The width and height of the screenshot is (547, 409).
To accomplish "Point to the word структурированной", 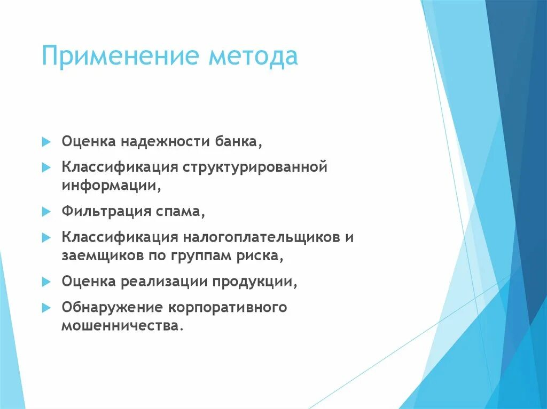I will tap(255, 168).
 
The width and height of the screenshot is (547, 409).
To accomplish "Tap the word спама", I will tap(182, 212).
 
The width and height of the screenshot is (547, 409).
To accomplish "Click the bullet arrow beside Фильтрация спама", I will tap(46, 211).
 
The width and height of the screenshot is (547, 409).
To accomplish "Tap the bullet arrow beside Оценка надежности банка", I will tap(46, 142).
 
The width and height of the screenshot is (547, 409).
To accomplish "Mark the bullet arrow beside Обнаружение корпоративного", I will tap(46, 307).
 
